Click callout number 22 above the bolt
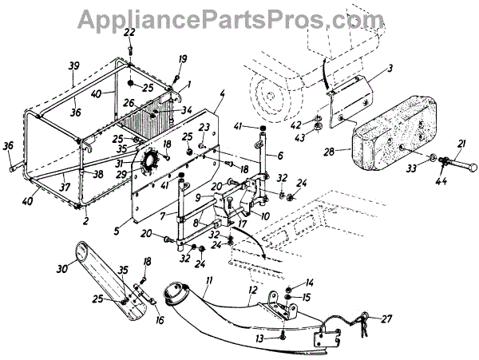129,31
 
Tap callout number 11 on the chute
208,279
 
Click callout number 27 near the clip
389,319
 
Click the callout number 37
61,188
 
